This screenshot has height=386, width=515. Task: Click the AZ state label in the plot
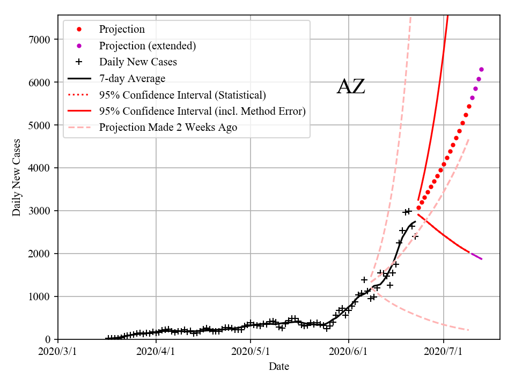[x=351, y=87]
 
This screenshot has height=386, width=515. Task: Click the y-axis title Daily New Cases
[x=17, y=177]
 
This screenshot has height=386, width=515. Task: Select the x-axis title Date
[x=279, y=367]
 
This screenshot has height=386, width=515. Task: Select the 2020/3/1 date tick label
[x=58, y=352]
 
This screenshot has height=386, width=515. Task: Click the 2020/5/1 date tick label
[x=252, y=352]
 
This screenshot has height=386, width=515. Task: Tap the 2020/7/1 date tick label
[x=444, y=352]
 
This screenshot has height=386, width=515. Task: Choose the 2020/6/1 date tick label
[x=349, y=352]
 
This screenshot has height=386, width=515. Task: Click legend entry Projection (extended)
[x=148, y=46]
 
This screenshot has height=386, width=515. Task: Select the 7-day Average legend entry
[x=132, y=79]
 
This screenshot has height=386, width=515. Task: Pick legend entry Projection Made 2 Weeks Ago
[x=168, y=128]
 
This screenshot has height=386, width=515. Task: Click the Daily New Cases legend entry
[x=138, y=62]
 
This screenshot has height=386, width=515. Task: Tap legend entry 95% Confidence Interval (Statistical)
[x=182, y=95]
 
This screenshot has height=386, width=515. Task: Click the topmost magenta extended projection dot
[x=481, y=69]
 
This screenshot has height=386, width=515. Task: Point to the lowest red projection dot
[x=419, y=208]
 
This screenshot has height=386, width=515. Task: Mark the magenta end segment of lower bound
[x=476, y=256]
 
